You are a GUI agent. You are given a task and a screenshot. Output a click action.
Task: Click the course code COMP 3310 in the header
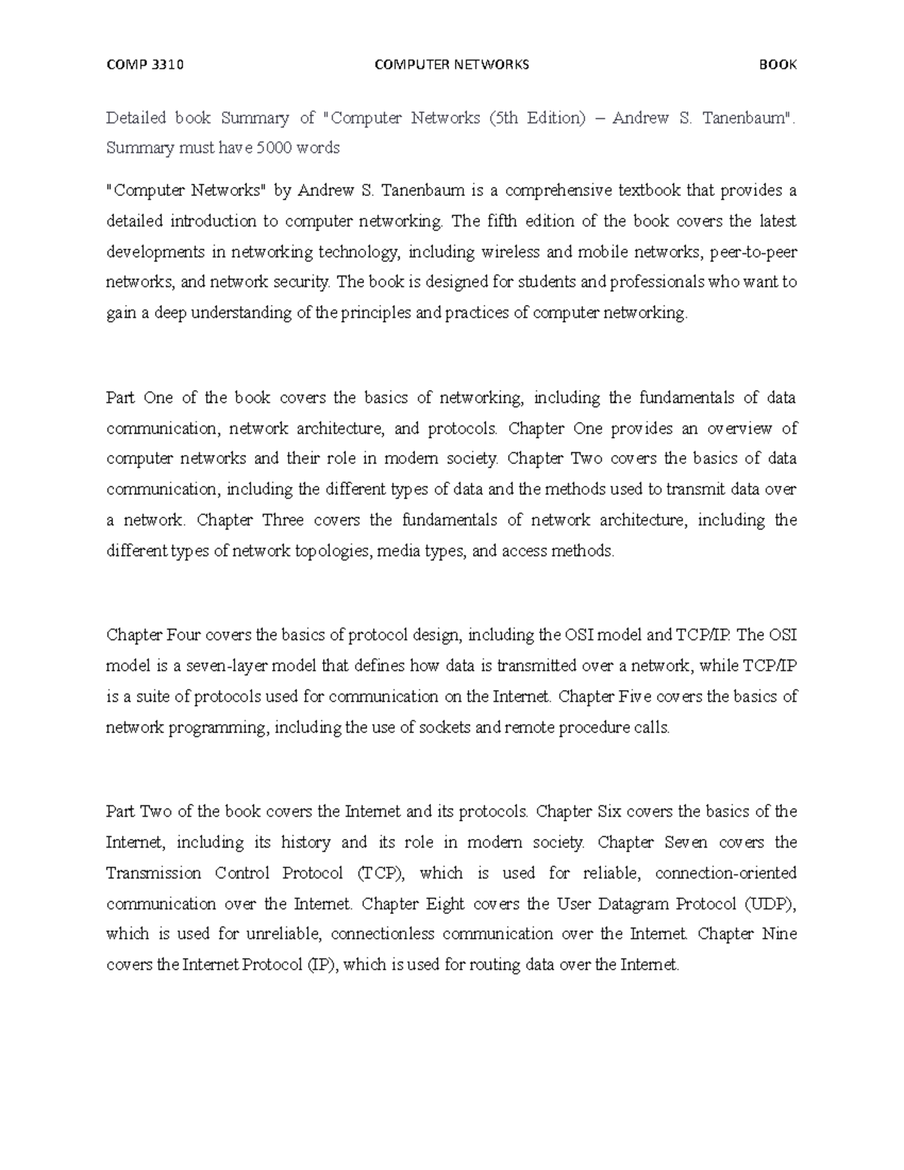coord(145,65)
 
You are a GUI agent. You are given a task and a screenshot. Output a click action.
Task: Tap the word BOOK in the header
coord(778,65)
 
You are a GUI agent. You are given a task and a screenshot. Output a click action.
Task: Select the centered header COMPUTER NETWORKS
coord(452,65)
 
